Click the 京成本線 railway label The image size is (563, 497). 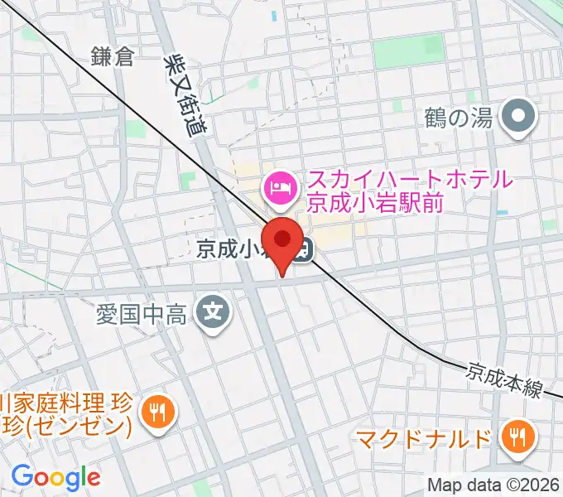[503, 378]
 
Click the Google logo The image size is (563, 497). [55, 476]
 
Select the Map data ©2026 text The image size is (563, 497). [493, 485]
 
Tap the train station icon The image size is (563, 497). [305, 248]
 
